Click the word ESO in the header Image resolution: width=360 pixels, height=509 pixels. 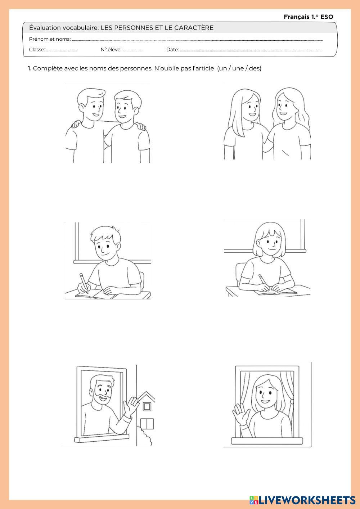(327, 17)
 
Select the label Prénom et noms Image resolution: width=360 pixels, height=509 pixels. (50, 39)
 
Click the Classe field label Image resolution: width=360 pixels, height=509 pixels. (37, 50)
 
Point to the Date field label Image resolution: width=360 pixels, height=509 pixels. (172, 50)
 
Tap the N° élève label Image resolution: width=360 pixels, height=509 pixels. (111, 50)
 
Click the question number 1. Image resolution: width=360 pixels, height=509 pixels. (30, 68)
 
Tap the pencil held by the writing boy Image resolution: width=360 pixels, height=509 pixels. (84, 283)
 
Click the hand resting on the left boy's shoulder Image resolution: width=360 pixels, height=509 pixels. (76, 124)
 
